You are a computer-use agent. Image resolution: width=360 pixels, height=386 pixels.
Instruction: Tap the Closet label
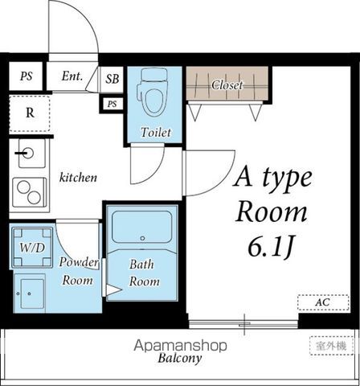coord(227,84)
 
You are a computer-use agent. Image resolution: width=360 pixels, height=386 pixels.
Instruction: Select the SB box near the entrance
coord(113,78)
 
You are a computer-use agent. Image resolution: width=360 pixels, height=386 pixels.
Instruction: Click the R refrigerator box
coord(30,113)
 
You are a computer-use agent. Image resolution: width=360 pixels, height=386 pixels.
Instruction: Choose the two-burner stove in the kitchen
coord(31,191)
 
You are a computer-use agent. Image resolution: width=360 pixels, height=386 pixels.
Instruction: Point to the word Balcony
coord(179,359)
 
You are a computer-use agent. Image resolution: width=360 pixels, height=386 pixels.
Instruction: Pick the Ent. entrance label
coord(73,77)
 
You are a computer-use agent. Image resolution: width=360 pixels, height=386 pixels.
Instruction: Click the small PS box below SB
coord(112,104)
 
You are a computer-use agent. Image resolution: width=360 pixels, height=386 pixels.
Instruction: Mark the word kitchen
coord(78,177)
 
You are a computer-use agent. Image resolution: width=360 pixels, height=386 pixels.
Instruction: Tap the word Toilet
coord(154,132)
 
